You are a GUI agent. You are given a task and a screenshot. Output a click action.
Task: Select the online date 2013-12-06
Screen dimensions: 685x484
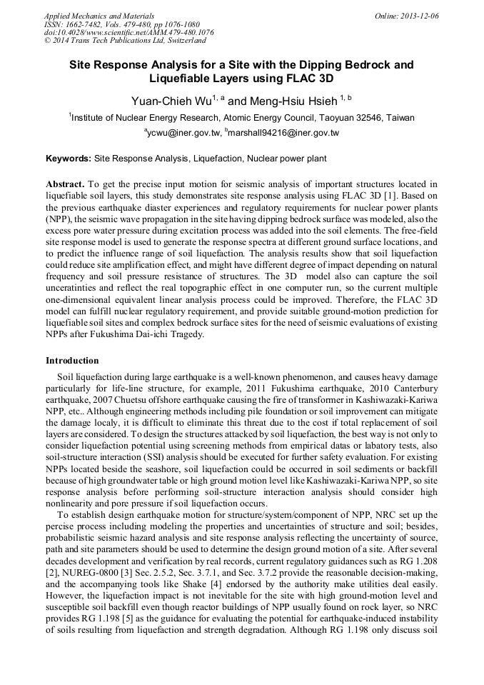pyautogui.click(x=419, y=15)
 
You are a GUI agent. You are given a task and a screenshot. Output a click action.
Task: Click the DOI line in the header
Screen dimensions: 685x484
pyautogui.click(x=128, y=32)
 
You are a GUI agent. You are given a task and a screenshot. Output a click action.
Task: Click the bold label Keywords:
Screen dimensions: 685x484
pyautogui.click(x=69, y=157)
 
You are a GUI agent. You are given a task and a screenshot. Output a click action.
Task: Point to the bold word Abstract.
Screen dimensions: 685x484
pyautogui.click(x=66, y=184)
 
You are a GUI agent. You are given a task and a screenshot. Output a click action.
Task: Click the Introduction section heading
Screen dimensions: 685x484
pyautogui.click(x=72, y=360)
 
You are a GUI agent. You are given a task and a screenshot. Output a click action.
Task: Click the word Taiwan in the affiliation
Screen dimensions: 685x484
pyautogui.click(x=400, y=117)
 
